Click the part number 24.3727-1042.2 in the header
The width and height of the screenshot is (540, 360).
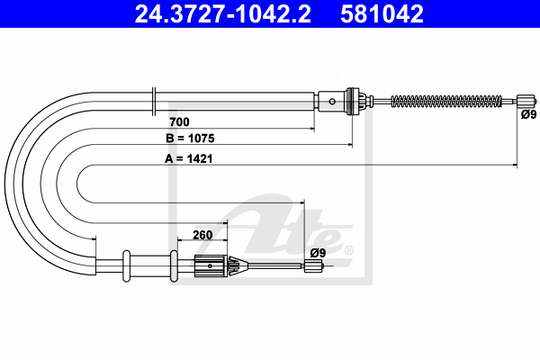(223, 14)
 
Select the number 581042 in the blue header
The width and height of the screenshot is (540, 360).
(382, 14)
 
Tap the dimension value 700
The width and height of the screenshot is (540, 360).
(179, 122)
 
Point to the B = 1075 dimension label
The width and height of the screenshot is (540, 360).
(190, 138)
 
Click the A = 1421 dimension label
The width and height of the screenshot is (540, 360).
(189, 158)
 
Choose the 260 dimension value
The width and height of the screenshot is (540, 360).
(202, 235)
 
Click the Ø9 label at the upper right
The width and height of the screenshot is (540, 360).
(528, 114)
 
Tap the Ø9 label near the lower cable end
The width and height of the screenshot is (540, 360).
(318, 253)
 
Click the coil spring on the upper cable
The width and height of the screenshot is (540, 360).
(446, 102)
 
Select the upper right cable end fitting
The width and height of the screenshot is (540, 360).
(526, 102)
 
